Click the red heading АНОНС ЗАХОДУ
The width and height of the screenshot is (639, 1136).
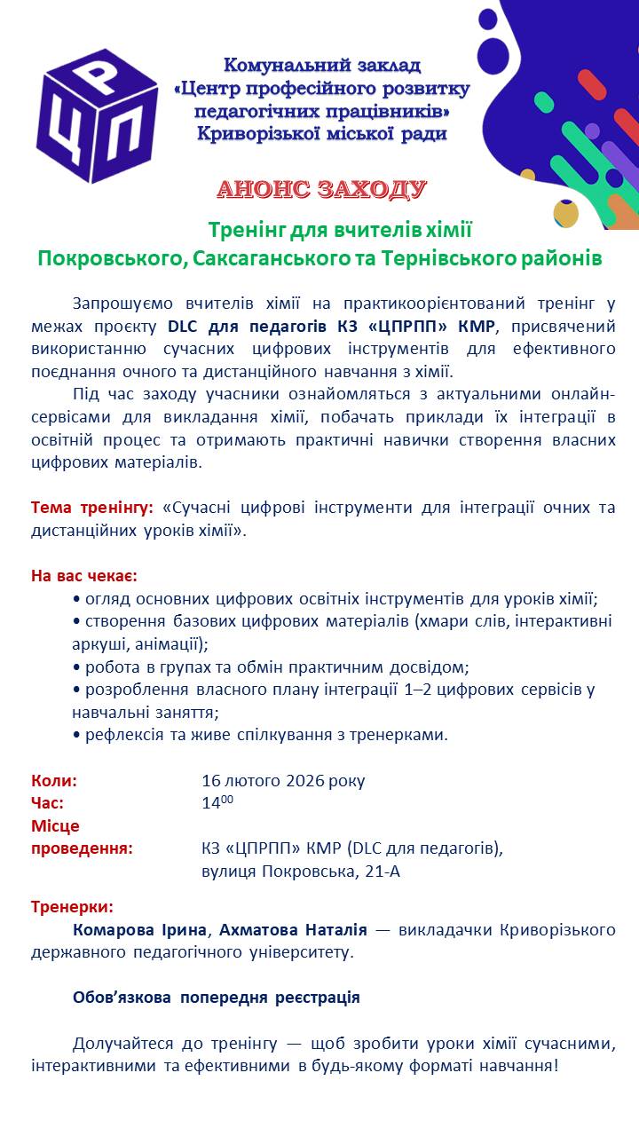point(322,190)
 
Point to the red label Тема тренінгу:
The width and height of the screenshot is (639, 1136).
point(92,508)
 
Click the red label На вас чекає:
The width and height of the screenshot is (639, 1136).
point(84,575)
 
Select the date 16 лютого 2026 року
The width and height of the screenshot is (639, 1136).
point(283,781)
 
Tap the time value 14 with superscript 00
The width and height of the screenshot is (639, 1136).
point(217,803)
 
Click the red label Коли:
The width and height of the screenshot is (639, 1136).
point(54,781)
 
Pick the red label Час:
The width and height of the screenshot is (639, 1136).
point(48,803)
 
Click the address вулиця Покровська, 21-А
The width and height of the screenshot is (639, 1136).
point(301,871)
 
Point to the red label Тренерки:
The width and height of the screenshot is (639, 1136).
point(72,907)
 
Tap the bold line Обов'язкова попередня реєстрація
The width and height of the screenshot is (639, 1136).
point(217,997)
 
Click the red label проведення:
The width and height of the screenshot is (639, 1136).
point(82,848)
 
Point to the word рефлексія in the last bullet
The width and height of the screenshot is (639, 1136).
point(121,735)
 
